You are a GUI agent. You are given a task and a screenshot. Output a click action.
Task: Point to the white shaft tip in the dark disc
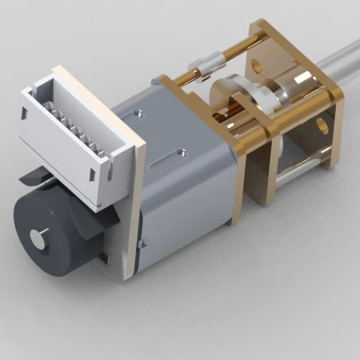tap(37, 235)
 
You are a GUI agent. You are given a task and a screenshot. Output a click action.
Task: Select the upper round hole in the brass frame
tap(257, 65)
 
